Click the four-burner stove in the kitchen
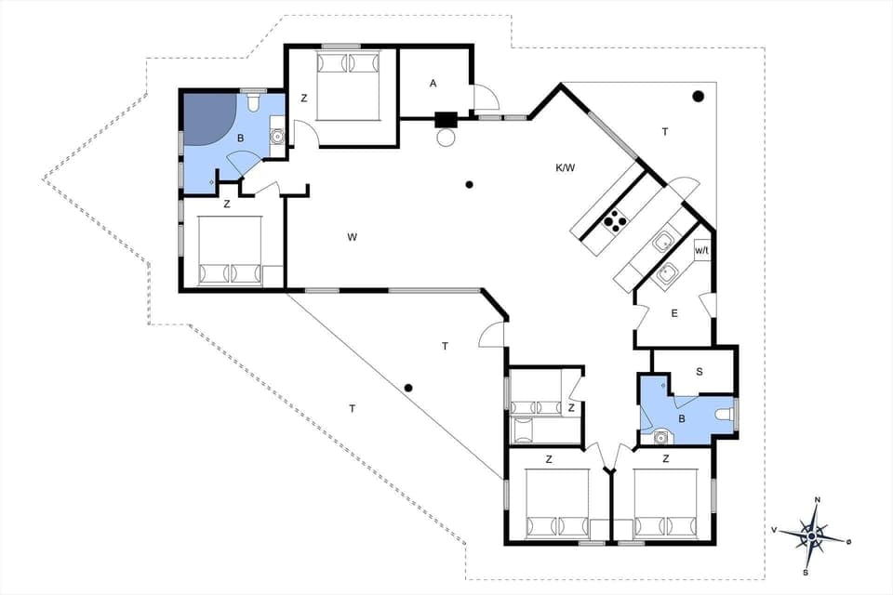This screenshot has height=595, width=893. tap(615, 220)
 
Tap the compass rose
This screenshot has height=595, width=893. tap(812, 535)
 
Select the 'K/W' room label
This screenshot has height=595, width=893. tap(565, 167)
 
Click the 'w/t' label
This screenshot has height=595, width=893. tap(702, 250)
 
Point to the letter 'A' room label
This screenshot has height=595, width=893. tap(433, 84)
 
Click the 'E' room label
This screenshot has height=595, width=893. tap(674, 313)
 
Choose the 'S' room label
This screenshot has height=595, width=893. tap(700, 371)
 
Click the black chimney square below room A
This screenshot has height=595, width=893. tap(446, 119)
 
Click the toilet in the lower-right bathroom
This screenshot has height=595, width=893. tap(725, 415)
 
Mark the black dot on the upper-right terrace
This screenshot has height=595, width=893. tap(698, 96)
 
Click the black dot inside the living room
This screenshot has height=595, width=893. tap(470, 185)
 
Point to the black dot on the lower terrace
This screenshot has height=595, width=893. tap(407, 388)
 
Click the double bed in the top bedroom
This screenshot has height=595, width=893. tap(350, 84)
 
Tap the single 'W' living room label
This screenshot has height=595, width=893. tap(353, 237)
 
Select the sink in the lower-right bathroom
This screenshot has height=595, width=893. tap(661, 436)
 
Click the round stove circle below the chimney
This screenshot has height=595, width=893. tap(446, 138)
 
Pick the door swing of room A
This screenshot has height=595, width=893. tap(485, 98)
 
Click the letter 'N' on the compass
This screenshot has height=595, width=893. tap(817, 500)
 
